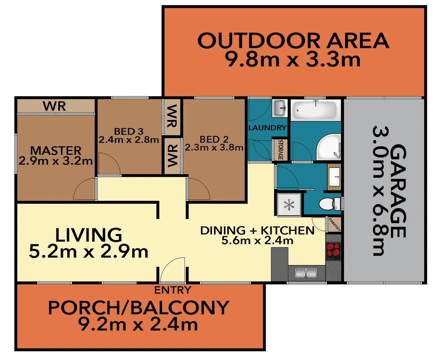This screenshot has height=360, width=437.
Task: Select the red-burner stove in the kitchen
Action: point(333,250)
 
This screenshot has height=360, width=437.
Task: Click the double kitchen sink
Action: point(305,273)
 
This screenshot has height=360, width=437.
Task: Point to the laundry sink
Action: point(279,108)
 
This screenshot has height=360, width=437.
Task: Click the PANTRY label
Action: point(334,224)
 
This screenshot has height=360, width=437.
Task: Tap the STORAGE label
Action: point(280,150)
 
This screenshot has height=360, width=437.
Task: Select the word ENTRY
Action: point(173,290)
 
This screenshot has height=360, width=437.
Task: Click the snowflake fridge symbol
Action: point(289,205)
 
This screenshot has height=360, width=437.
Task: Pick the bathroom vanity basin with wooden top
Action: point(334,177)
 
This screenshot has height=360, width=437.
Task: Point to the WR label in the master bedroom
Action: point(54,106)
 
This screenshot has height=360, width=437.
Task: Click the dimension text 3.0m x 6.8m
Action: point(378,191)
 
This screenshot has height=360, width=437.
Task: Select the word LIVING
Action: point(89,235)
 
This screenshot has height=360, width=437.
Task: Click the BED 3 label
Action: point(129,131)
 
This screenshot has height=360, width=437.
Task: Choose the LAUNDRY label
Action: point(267,128)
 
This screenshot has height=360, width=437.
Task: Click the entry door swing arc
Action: point(172,268)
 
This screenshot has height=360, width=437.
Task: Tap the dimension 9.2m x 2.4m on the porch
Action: point(138,324)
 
